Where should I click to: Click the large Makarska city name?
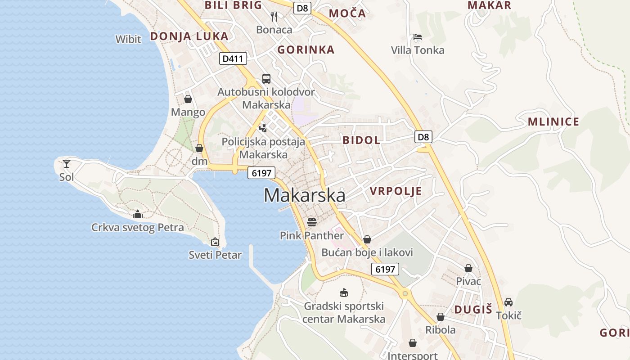coord(304,195)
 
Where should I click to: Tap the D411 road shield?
coord(232,58)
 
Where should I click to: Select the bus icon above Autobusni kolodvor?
coord(266,79)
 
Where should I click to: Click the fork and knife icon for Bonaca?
coord(274,17)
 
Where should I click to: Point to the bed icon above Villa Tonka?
coord(418,37)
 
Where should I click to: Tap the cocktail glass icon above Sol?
coord(67,163)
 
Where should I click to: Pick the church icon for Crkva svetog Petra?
coord(138,214)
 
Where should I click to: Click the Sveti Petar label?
coord(215,255)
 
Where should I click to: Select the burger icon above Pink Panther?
coord(311,222)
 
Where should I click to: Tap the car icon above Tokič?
coord(508,302)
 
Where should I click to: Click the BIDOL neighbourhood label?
coord(361,140)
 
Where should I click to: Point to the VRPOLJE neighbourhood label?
coord(396,191)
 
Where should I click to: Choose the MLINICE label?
coord(553,121)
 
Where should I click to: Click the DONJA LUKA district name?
coord(189,36)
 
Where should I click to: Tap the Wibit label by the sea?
coord(128,39)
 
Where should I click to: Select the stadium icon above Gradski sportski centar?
coord(344,292)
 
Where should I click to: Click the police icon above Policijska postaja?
coord(263,128)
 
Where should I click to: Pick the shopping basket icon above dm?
coord(199,148)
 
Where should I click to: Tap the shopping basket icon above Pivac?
coord(468,268)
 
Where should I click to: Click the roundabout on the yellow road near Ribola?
coord(405,293)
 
